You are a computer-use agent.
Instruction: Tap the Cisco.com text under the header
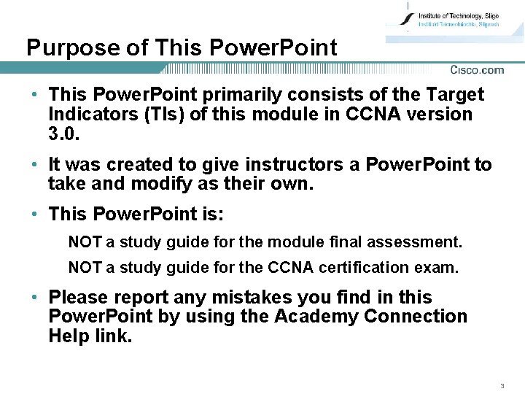pyautogui.click(x=477, y=70)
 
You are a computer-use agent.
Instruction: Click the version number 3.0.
pyautogui.click(x=62, y=134)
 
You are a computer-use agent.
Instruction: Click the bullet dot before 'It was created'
pyautogui.click(x=35, y=165)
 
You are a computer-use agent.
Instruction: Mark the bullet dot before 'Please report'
pyautogui.click(x=35, y=298)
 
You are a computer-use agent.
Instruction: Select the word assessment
pyautogui.click(x=422, y=241)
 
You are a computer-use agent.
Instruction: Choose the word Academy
pyautogui.click(x=316, y=317)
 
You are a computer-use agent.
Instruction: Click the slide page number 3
pyautogui.click(x=502, y=385)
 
